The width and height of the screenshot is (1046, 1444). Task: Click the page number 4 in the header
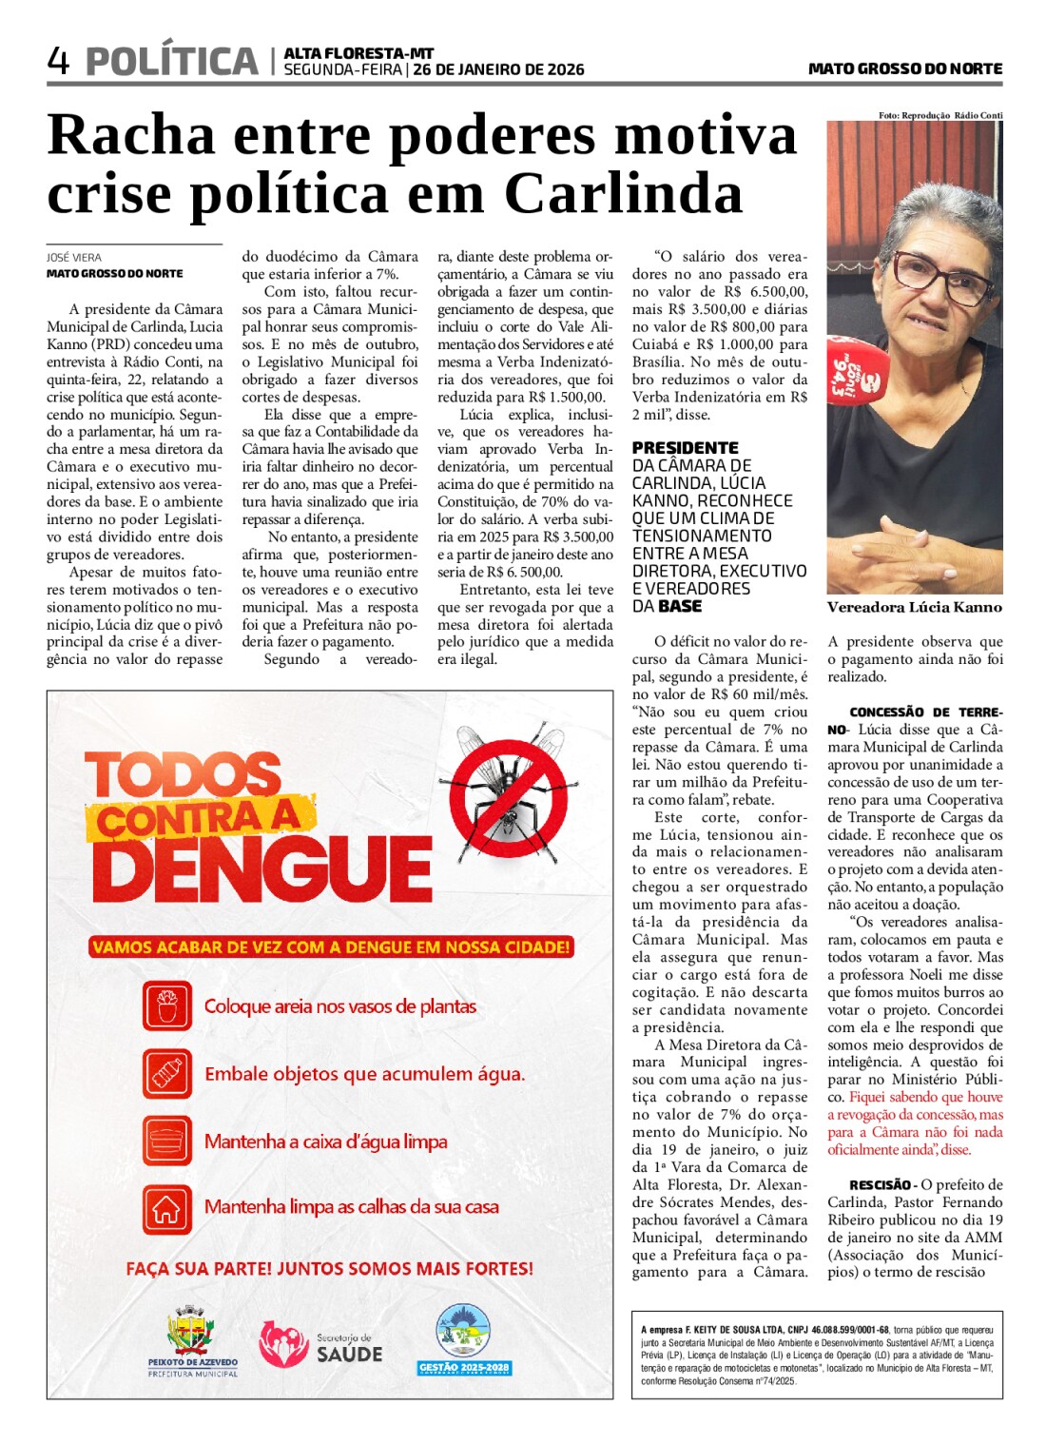tap(58, 62)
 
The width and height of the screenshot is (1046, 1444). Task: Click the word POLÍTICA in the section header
tap(172, 62)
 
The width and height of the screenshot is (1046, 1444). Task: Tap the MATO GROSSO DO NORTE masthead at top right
tap(904, 68)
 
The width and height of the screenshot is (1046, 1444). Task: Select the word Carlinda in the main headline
tap(623, 194)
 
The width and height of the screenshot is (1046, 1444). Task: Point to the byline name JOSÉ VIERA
tap(74, 258)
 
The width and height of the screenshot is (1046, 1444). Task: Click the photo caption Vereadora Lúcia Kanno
tap(914, 607)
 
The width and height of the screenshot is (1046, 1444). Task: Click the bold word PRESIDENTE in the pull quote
tap(685, 448)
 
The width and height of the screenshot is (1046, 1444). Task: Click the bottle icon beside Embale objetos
tap(167, 1074)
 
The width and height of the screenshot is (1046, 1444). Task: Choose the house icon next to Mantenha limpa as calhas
tap(167, 1209)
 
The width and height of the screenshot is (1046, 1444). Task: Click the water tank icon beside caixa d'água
tap(167, 1142)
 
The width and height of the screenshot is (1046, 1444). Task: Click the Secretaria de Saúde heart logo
tap(283, 1343)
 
